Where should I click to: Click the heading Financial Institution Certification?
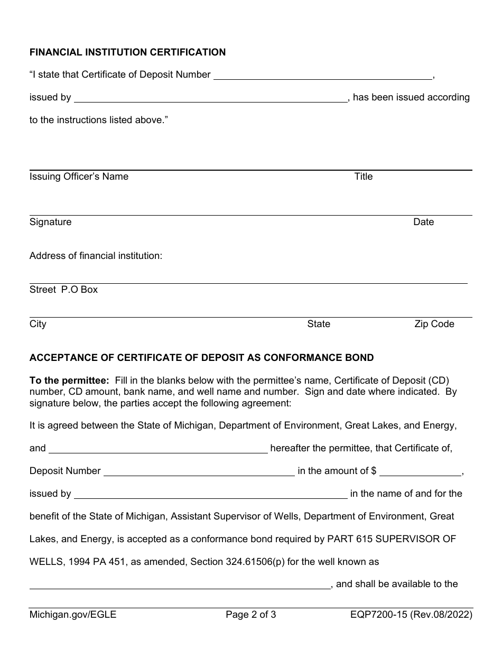coord(127,52)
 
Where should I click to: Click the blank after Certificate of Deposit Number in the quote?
coord(322,75)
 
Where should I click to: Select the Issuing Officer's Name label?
coord(79,177)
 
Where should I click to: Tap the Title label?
coord(363,177)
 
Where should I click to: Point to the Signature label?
coord(50,222)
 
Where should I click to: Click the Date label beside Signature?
coord(423,222)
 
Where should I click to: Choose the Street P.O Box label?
coord(63,290)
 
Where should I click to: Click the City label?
coord(38,324)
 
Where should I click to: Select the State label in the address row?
coord(319,324)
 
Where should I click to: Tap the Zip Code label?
coord(434,324)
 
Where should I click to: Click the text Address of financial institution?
coord(96,256)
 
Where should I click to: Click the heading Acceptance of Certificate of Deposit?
coord(201,358)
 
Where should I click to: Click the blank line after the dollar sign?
coord(420,471)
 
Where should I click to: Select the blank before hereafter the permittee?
coord(158,449)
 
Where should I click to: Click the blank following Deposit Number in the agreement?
coord(199,471)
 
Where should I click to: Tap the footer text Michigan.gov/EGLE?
coord(73,615)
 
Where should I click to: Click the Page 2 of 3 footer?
coord(250,615)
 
